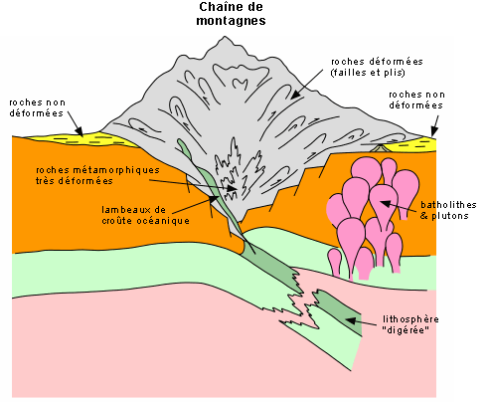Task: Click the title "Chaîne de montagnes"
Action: point(231,14)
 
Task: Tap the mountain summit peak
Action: point(225,37)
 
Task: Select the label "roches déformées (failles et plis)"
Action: point(377,67)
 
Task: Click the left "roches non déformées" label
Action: point(37,107)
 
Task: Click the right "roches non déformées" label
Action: point(416,100)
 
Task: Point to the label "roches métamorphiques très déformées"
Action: point(97,175)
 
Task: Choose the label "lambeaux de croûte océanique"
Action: point(145,215)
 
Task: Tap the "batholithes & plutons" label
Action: point(448,210)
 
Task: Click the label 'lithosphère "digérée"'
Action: point(410,324)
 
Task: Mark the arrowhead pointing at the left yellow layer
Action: point(80,131)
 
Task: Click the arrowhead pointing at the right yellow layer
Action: point(433,132)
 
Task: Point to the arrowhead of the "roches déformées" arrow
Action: point(295,95)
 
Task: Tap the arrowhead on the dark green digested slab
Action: point(351,320)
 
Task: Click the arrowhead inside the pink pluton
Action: point(385,203)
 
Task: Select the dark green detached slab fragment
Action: point(338,311)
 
